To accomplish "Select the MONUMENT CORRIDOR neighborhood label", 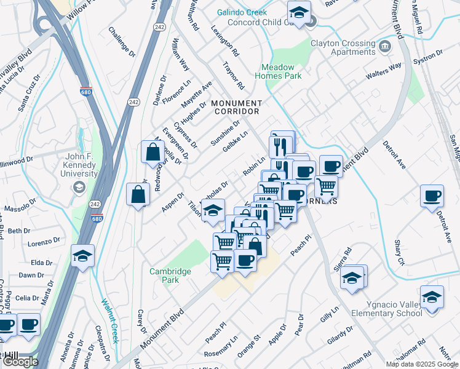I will [237, 108].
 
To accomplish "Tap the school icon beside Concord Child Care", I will [299, 12].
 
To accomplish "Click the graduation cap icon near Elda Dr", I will [82, 255].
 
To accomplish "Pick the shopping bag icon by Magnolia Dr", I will [153, 152].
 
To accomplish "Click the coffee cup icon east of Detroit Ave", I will [432, 196].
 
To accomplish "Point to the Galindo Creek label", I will [242, 13].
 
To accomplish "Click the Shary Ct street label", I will [399, 253].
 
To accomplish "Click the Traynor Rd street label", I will [234, 77].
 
